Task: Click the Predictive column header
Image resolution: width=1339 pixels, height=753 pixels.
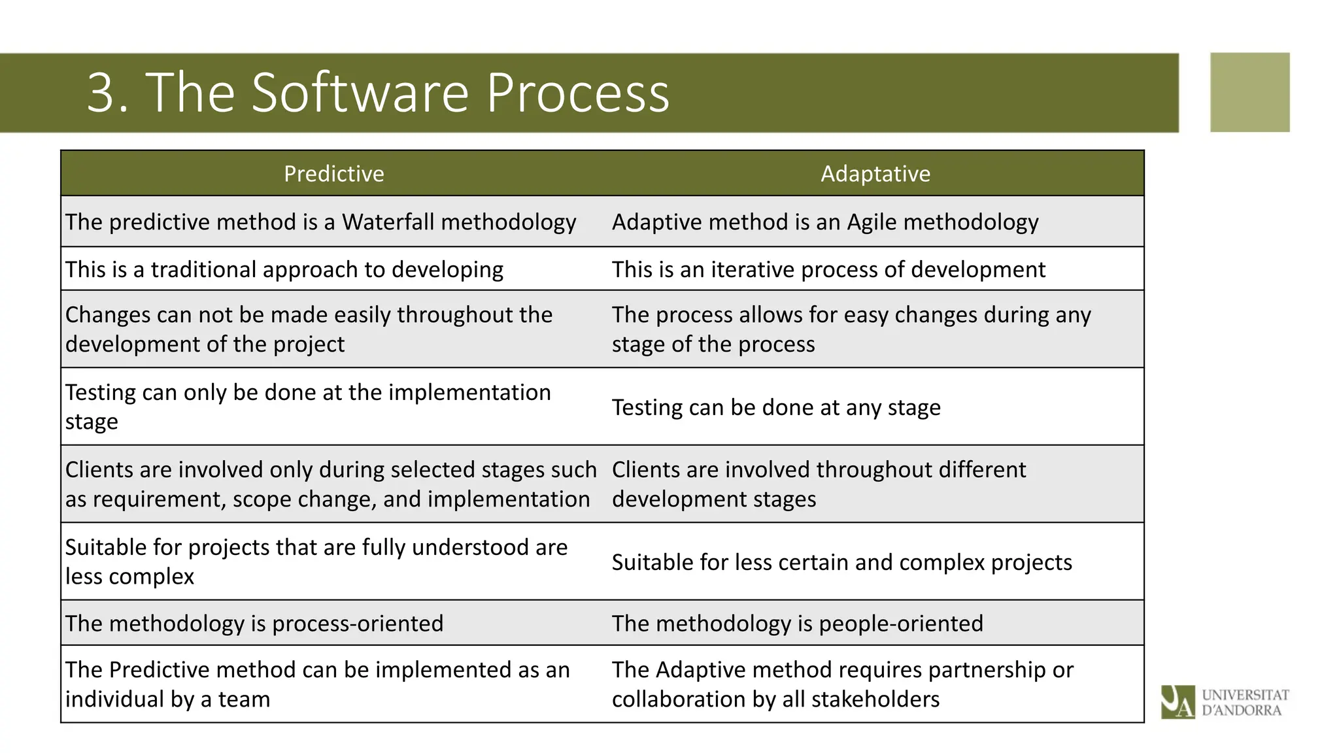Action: (x=333, y=174)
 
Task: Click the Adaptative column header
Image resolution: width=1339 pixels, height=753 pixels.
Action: (x=875, y=174)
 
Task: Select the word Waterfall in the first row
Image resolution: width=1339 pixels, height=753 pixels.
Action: (x=388, y=222)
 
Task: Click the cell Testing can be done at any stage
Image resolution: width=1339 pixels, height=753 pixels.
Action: (x=776, y=407)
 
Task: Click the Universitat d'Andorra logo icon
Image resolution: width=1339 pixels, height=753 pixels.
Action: (x=1177, y=701)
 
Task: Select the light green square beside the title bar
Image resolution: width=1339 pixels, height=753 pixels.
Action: (x=1249, y=93)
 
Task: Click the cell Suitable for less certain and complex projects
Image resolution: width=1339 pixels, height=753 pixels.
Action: (x=841, y=562)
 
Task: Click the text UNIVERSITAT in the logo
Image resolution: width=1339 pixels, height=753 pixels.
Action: (x=1245, y=694)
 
